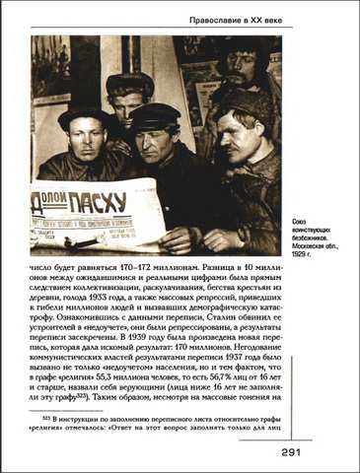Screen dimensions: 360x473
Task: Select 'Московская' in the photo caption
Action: (x=317, y=245)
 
